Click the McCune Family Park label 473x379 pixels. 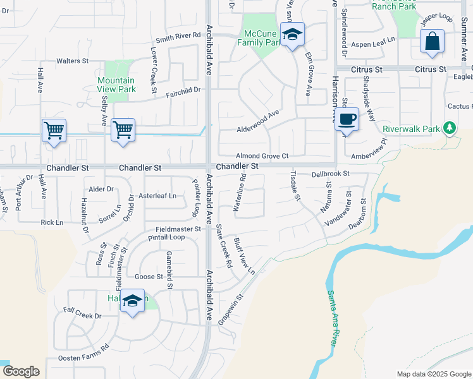point(259,38)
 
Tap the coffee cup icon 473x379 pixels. point(347,119)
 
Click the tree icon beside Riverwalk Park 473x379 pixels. point(450,128)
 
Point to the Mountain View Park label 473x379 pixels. point(116,85)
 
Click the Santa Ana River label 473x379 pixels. point(331,316)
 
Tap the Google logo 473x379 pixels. point(21,371)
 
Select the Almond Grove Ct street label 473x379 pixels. point(262,155)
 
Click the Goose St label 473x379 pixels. point(149,277)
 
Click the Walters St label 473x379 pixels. point(72,61)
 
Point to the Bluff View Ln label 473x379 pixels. point(243,256)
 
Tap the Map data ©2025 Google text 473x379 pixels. point(433,374)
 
